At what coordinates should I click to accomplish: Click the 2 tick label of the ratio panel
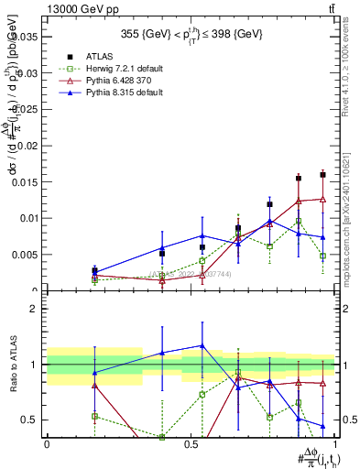(x=34, y=309)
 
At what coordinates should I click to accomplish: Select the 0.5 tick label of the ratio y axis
(x=29, y=420)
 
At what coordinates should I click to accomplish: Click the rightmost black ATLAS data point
(x=322, y=174)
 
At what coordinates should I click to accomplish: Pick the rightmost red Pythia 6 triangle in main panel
(x=322, y=198)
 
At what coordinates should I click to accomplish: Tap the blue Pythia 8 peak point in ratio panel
(x=202, y=345)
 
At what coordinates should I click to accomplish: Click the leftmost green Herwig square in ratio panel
(x=94, y=416)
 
